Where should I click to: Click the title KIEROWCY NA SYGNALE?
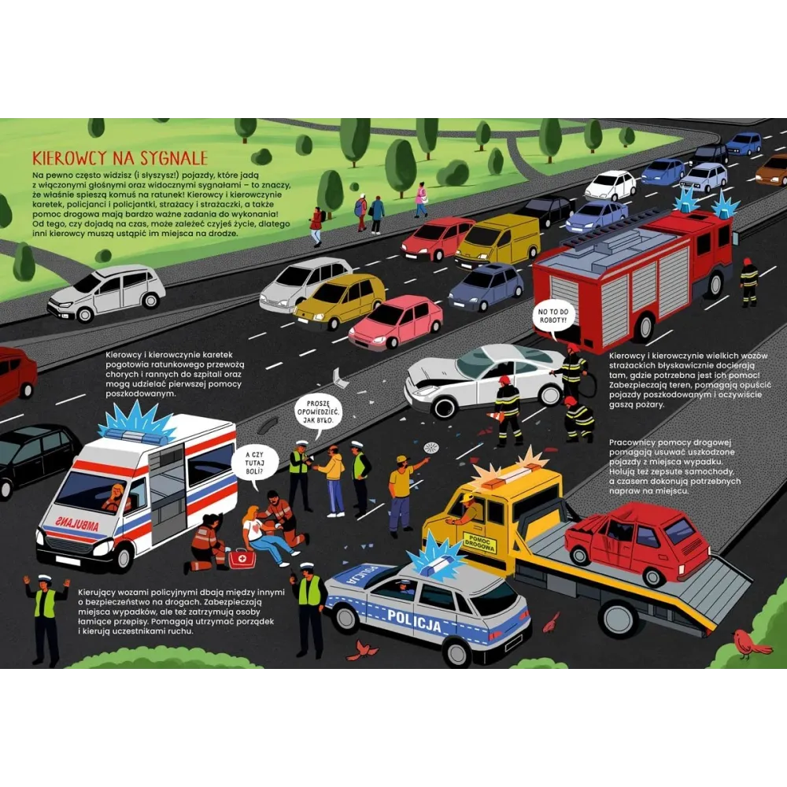pyautogui.click(x=120, y=158)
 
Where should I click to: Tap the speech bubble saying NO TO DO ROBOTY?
pyautogui.click(x=552, y=317)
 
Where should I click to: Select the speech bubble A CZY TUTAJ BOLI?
pyautogui.click(x=254, y=464)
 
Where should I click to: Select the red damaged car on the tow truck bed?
pyautogui.click(x=637, y=543)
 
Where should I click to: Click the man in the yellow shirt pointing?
pyautogui.click(x=402, y=495)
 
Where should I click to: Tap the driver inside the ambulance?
pyautogui.click(x=116, y=498)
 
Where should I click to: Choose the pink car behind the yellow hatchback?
pyautogui.click(x=397, y=323)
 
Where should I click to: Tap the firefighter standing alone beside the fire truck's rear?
pyautogui.click(x=748, y=282)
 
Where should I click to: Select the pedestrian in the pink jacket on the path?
pyautogui.click(x=420, y=200)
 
